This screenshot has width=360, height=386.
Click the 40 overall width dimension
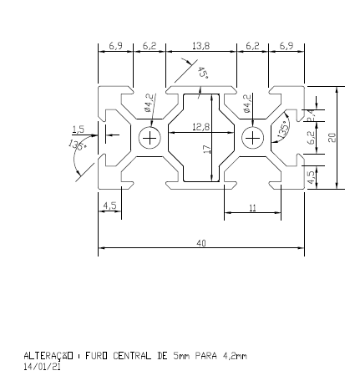coord(200,243)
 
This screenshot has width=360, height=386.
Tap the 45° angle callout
coord(203,74)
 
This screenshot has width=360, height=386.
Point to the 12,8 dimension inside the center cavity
coord(200,127)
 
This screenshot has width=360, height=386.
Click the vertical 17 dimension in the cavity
coord(205,148)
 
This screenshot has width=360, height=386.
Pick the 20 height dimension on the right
coord(332,137)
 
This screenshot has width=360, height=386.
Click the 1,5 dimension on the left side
coord(79,129)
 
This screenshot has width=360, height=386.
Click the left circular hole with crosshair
coord(150,137)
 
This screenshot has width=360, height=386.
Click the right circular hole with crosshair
coord(251,137)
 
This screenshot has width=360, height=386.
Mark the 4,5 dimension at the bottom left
coord(109,205)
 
